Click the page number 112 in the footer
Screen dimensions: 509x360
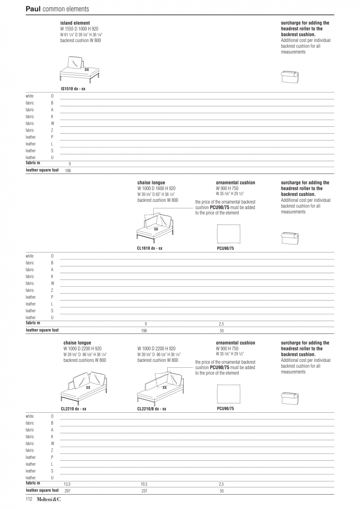point(29,499)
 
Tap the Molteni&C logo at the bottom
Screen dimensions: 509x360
point(49,499)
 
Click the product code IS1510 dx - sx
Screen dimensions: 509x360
point(73,89)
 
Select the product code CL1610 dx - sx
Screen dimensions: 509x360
point(149,248)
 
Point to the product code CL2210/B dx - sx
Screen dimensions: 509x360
point(152,409)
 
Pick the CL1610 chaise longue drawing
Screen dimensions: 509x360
point(155,227)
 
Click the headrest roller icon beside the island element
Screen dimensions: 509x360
point(290,77)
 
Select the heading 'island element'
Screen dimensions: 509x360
point(75,23)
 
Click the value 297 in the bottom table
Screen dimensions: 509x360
point(67,491)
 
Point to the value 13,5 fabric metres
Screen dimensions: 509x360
point(67,484)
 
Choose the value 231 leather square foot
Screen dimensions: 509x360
point(144,491)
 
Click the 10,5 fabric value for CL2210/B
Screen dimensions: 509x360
point(144,484)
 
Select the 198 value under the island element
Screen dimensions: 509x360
point(67,171)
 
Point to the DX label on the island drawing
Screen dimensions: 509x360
point(87,69)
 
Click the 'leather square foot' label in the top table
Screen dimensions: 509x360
point(42,170)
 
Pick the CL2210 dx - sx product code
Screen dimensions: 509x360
point(73,409)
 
